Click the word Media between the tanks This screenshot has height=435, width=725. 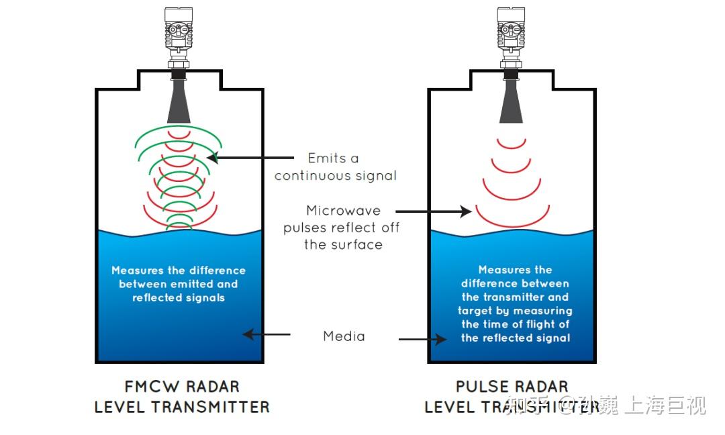coord(344,336)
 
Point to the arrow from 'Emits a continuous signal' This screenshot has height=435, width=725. coord(252,158)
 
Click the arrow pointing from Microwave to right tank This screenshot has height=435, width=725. coord(436,211)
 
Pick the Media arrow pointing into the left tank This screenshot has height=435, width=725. coord(267,334)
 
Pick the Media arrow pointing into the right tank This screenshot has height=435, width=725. coord(422,340)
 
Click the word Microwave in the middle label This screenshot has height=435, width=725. coord(343,211)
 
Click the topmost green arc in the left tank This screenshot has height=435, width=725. coord(179,132)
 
